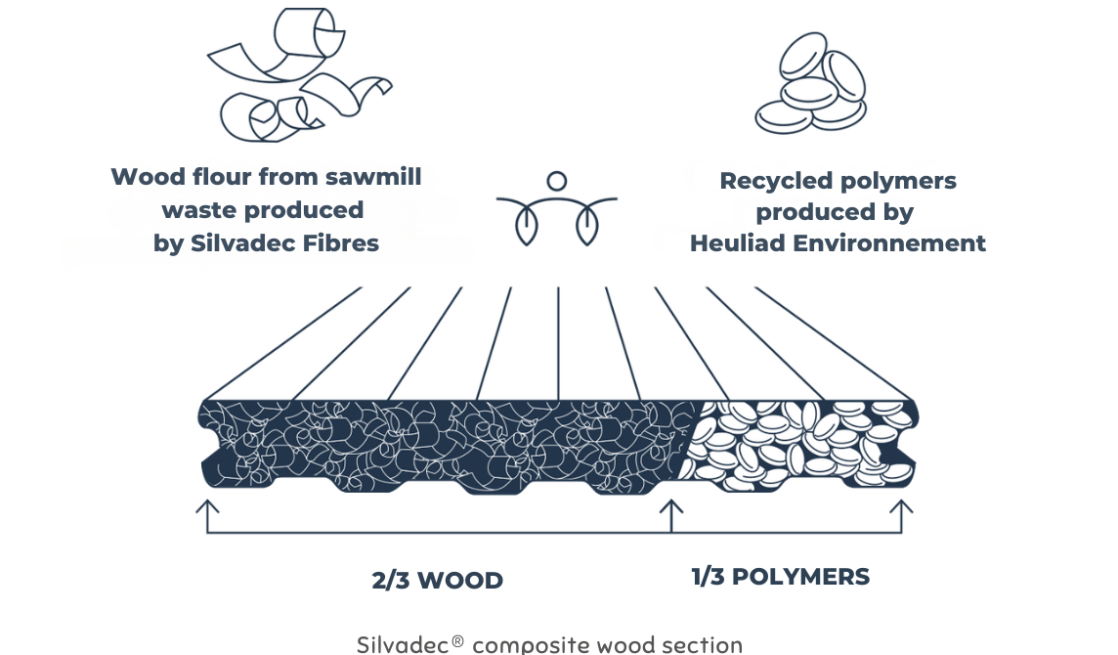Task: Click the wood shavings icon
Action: [299, 75]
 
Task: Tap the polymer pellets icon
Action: [811, 83]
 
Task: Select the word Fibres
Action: [341, 243]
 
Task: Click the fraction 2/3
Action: [390, 580]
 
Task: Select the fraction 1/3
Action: [708, 577]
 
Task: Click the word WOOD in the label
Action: [460, 580]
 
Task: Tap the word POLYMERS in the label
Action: [800, 577]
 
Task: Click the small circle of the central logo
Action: [557, 181]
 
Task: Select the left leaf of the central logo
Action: [526, 226]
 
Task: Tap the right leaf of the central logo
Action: [586, 226]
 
